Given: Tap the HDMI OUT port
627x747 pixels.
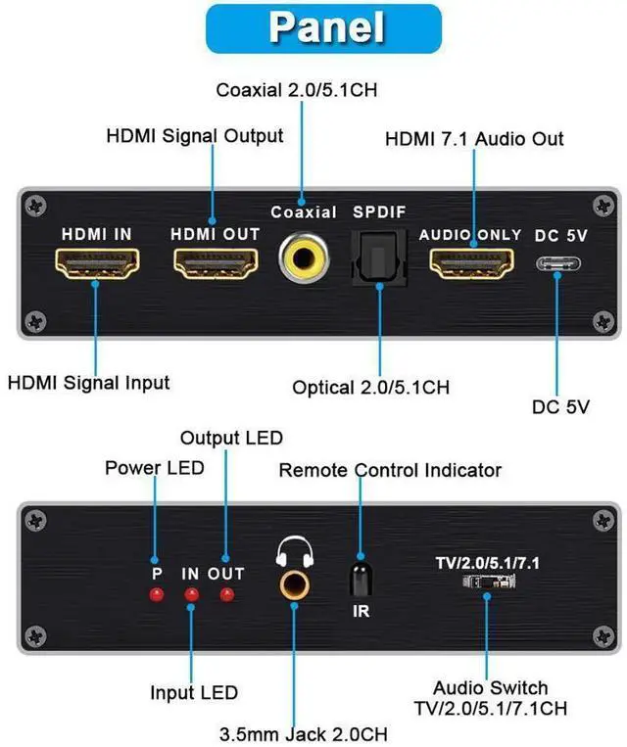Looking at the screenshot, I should pyautogui.click(x=215, y=263).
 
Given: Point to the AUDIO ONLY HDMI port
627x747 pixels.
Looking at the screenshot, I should pyautogui.click(x=471, y=263).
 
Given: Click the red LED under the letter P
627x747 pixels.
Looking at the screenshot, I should pyautogui.click(x=156, y=594).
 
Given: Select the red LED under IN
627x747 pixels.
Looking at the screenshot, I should pyautogui.click(x=191, y=594).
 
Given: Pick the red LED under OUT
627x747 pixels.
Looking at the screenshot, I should pyautogui.click(x=226, y=594).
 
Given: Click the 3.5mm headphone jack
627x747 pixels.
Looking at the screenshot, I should pyautogui.click(x=293, y=585).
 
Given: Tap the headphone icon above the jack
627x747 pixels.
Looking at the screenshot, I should pyautogui.click(x=293, y=551).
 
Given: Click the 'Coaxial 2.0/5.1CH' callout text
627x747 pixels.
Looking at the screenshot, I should pyautogui.click(x=297, y=90).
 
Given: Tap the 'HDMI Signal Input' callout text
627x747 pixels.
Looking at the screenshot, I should pyautogui.click(x=88, y=383).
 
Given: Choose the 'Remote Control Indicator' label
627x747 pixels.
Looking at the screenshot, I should pyautogui.click(x=390, y=470).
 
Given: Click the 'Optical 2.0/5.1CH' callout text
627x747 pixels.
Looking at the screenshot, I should pyautogui.click(x=371, y=387).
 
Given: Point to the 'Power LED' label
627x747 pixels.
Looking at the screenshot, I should pyautogui.click(x=155, y=467).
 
